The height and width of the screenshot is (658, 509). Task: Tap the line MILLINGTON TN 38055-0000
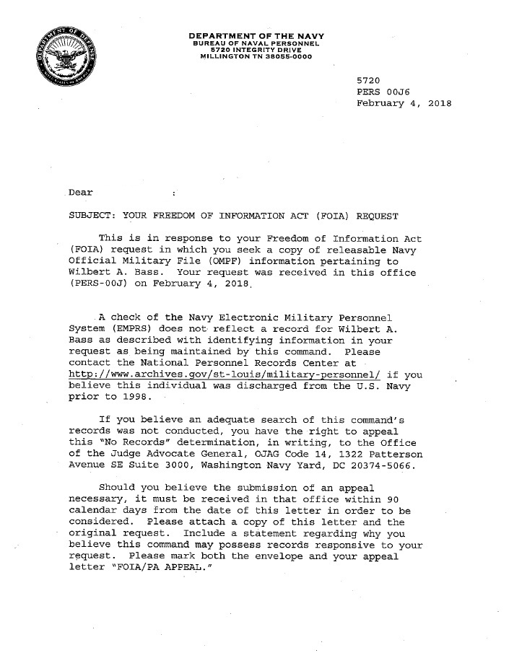(x=256, y=59)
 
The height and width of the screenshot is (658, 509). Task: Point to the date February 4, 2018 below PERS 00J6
(x=404, y=104)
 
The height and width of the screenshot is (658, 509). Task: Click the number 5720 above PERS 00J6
(x=369, y=79)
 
